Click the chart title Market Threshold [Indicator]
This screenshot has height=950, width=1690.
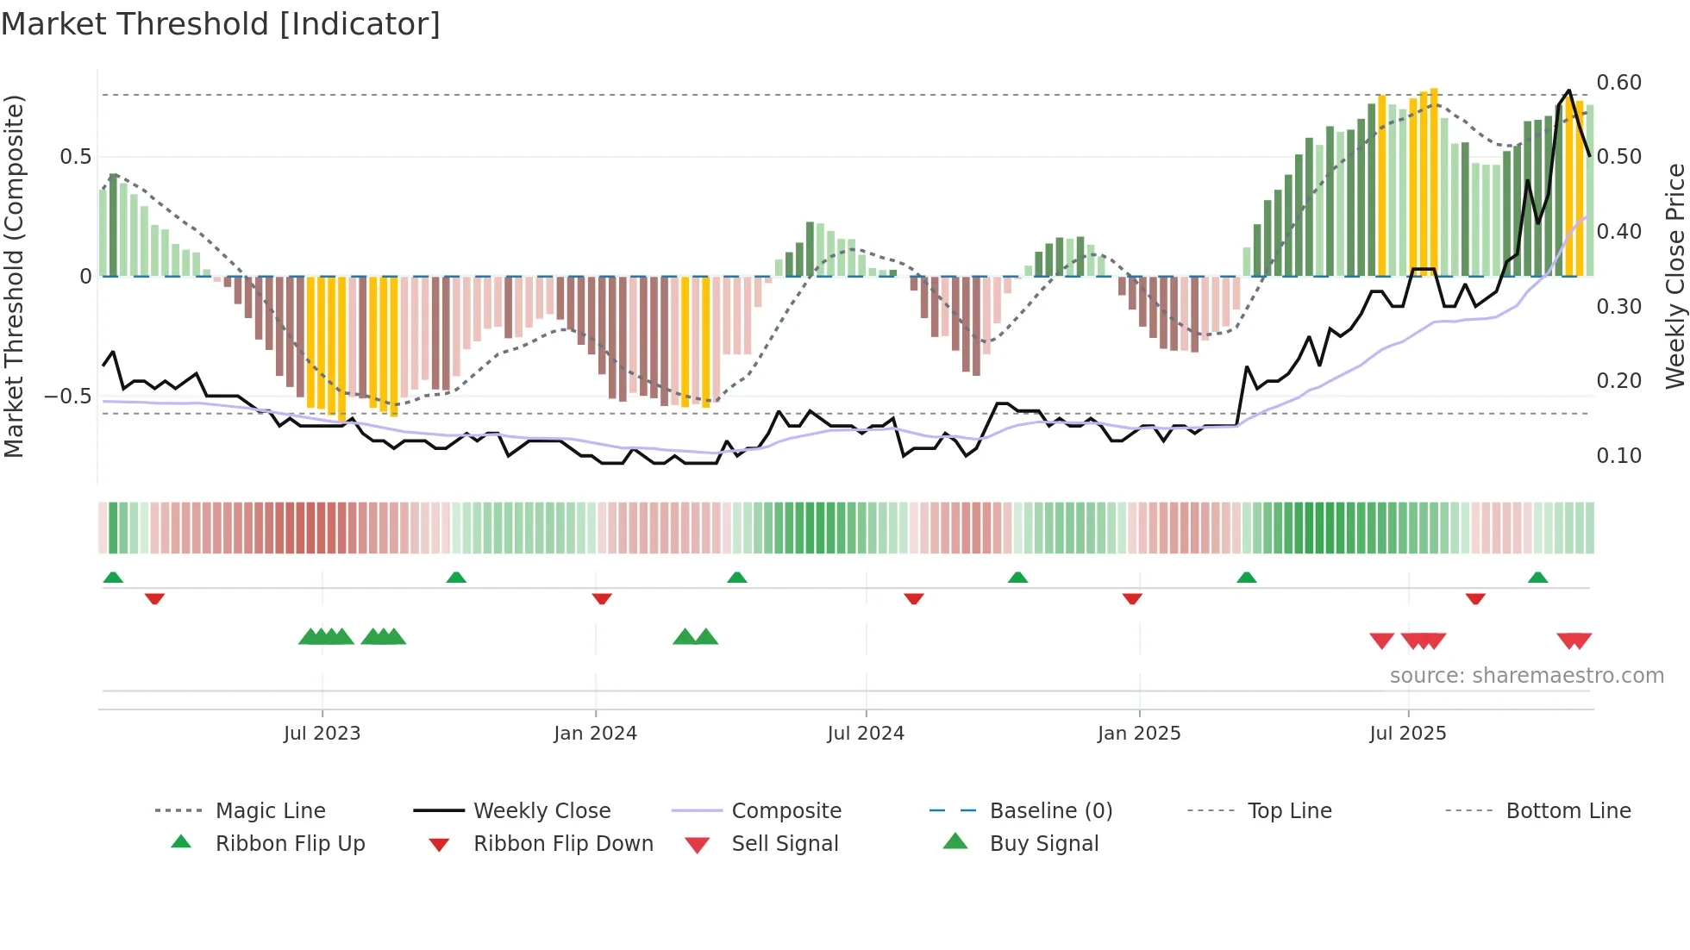(221, 24)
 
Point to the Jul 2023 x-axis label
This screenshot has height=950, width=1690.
(322, 734)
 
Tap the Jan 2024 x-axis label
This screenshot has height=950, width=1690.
(595, 734)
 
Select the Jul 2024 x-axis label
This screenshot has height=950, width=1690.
(866, 734)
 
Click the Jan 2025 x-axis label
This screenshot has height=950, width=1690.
(1139, 734)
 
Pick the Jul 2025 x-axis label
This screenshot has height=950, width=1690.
(1408, 734)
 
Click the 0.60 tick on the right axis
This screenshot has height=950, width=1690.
(1618, 83)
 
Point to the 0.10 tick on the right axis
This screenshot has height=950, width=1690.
(1618, 456)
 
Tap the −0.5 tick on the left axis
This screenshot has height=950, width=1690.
(67, 397)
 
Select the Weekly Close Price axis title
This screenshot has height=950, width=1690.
(1674, 276)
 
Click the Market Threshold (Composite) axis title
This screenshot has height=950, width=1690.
(14, 276)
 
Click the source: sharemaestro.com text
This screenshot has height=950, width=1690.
(1526, 676)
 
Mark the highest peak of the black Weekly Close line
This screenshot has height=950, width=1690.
(1569, 91)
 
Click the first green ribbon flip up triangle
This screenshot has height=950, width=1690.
(113, 578)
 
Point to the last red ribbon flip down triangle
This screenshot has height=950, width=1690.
(1475, 598)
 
